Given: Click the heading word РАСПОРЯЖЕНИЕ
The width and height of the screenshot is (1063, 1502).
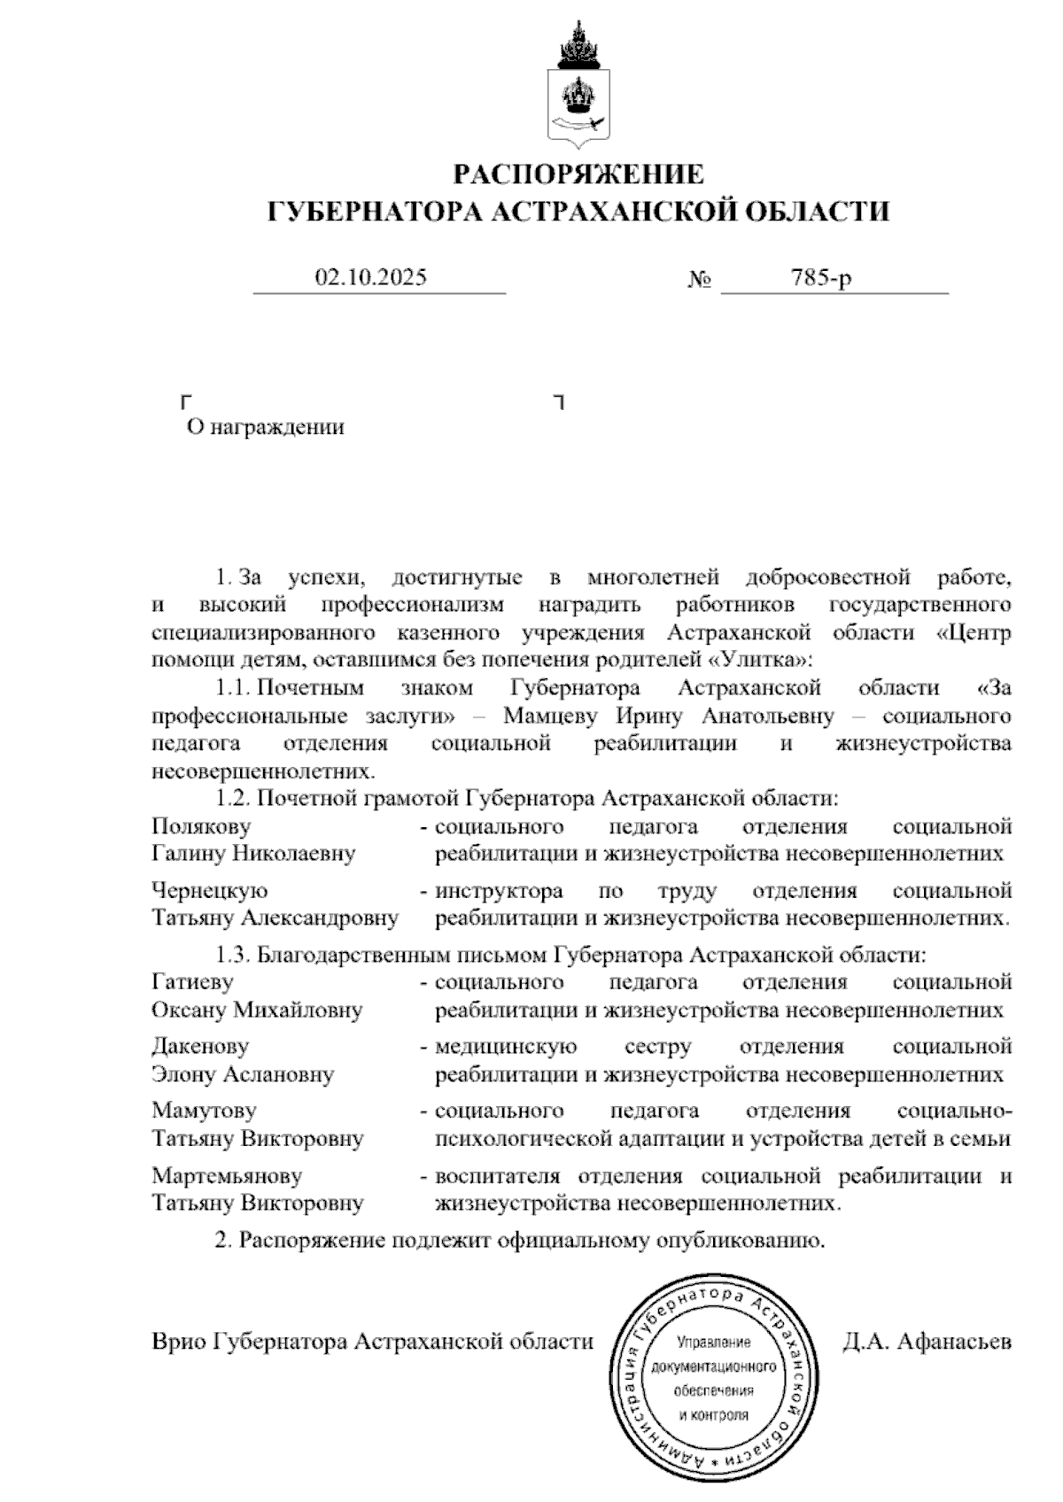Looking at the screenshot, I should (578, 174).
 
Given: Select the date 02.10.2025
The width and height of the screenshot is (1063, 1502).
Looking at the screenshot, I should (371, 278).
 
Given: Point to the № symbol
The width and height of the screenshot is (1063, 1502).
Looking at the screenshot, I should (700, 280).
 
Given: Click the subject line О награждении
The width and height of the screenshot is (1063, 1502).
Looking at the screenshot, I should (265, 428).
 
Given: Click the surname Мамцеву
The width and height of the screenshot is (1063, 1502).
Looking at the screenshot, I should (550, 716).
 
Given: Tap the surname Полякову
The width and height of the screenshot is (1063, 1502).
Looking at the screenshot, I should (201, 827).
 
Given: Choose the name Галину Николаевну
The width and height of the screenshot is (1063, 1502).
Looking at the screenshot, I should (253, 855).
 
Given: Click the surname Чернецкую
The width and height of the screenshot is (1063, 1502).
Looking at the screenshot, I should (209, 891).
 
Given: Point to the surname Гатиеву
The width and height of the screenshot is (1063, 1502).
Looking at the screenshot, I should (192, 982).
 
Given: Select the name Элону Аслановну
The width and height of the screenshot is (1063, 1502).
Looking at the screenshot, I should (243, 1075).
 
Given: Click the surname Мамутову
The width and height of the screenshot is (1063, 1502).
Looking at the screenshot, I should (204, 1111).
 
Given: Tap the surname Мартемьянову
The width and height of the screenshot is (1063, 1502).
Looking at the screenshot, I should (227, 1177).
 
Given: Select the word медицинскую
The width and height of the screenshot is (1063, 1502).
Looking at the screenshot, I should (505, 1048).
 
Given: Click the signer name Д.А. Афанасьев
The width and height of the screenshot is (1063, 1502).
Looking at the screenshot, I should (927, 1342).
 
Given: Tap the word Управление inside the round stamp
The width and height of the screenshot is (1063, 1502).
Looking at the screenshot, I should (713, 1343).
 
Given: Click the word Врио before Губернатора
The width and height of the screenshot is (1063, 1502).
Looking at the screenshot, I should (177, 1342).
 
